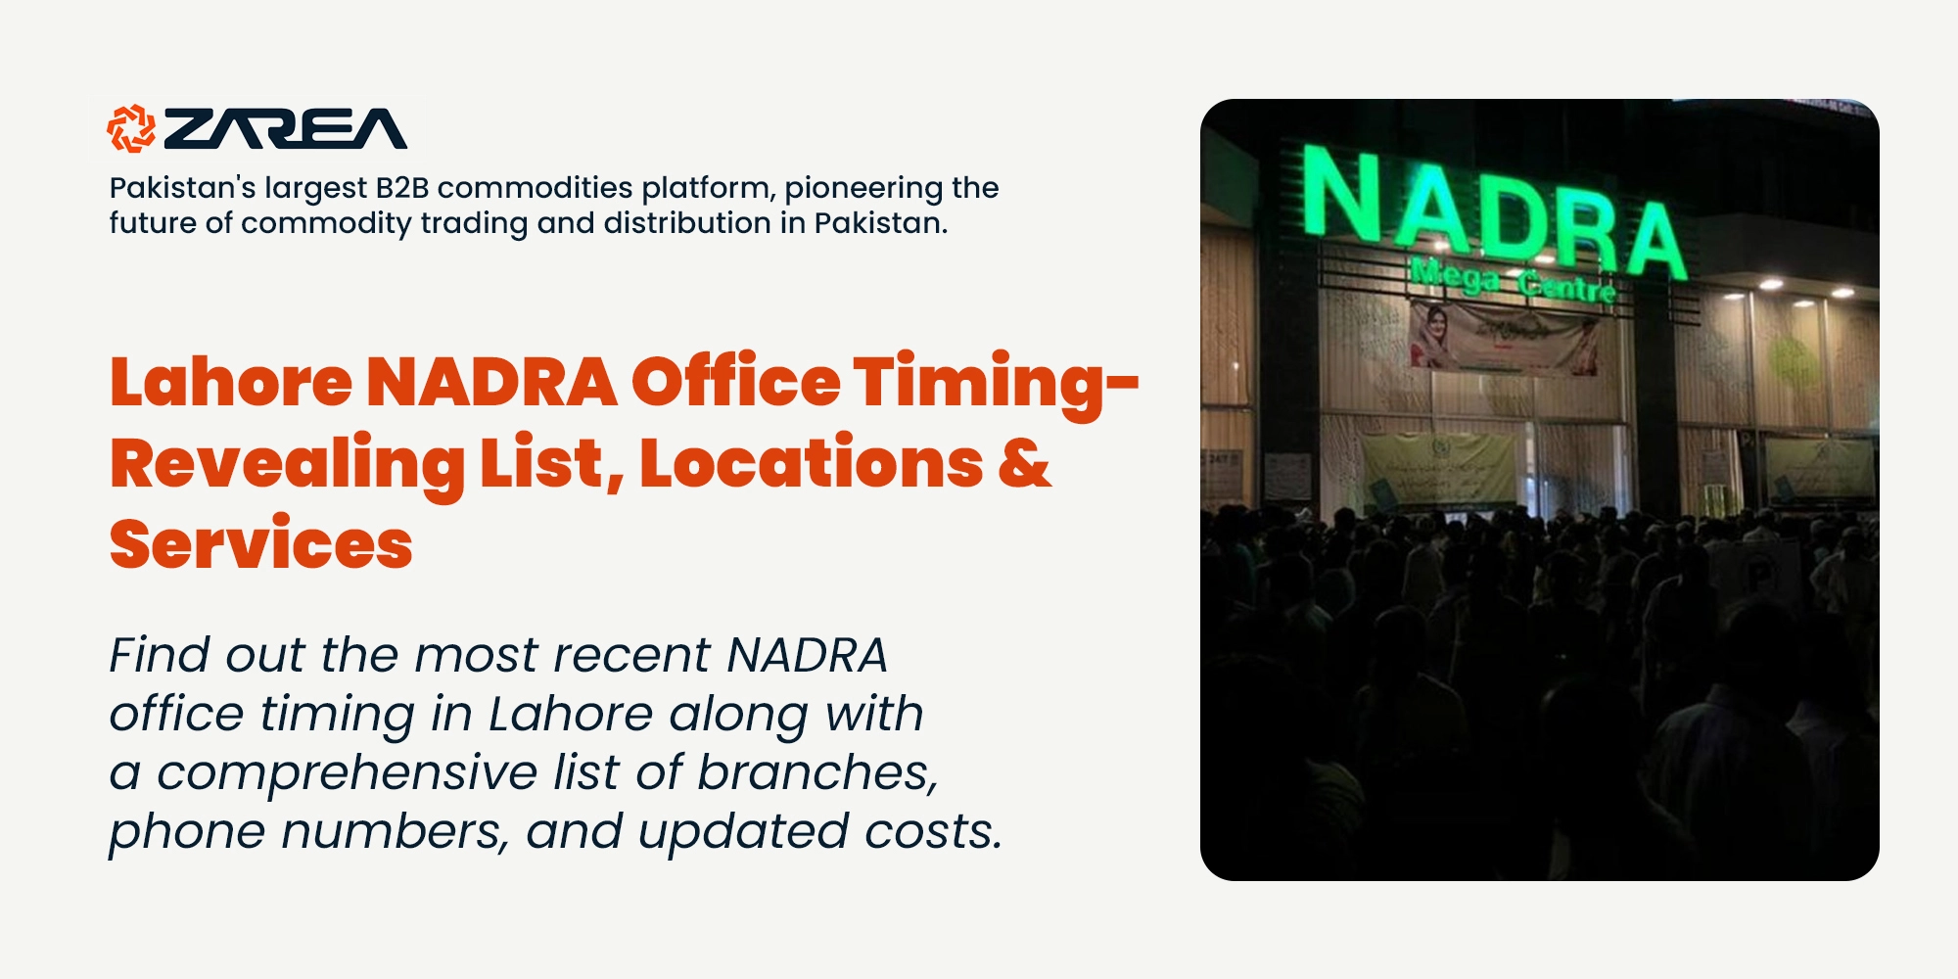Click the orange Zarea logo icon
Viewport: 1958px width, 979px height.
(x=131, y=128)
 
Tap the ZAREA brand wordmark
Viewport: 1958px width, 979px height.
(x=285, y=129)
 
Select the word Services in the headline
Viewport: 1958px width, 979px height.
(x=261, y=544)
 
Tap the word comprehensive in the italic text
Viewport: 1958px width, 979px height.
(x=347, y=773)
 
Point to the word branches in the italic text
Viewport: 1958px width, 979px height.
(x=817, y=772)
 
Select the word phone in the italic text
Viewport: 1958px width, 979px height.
(x=187, y=833)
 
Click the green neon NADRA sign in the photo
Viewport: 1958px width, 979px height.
(x=1492, y=210)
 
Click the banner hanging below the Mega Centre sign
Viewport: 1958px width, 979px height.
(x=1504, y=338)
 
